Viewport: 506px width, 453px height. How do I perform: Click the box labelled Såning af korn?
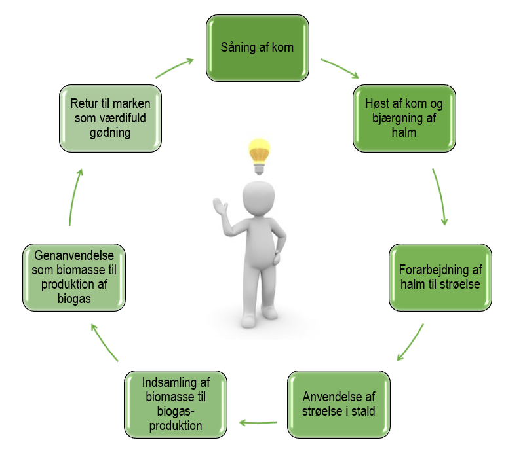258,48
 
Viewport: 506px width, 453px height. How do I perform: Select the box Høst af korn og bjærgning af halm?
404,118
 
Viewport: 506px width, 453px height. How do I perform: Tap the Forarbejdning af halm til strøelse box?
440,278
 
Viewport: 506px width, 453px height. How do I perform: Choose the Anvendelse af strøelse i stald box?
339,405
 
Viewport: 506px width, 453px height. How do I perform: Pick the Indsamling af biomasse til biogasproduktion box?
176,405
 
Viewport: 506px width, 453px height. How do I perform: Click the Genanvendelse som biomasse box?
74,278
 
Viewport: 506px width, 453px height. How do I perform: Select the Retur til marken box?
110,118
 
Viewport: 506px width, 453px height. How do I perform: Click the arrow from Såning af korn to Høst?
340,67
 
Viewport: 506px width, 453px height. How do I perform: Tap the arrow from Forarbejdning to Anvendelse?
411,343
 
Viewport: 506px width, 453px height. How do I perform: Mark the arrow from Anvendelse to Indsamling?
258,422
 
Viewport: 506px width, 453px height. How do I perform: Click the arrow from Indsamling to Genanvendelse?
104,342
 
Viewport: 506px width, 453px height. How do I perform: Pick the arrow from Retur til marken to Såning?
174,67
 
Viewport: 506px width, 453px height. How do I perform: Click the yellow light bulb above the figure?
259,156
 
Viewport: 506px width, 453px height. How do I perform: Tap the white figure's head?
258,197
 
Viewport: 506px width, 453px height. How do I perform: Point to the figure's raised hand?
220,206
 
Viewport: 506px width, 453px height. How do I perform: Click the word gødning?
110,132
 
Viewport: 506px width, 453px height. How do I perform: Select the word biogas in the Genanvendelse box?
74,299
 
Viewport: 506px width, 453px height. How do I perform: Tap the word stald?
363,412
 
